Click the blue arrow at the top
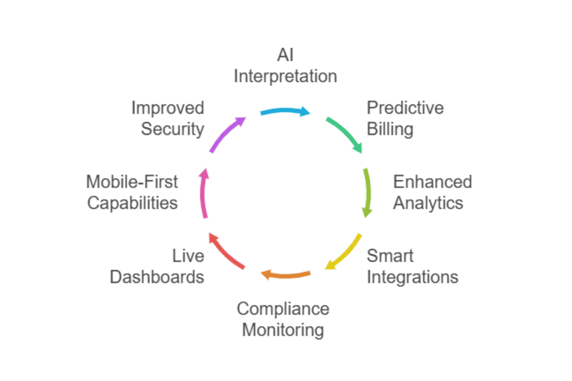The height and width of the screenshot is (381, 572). pyautogui.click(x=285, y=112)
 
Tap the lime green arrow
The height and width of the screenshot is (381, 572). pyautogui.click(x=367, y=192)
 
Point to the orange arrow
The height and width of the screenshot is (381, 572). pyautogui.click(x=285, y=275)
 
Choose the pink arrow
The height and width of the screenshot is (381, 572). pyautogui.click(x=203, y=193)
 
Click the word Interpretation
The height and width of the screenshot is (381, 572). pyautogui.click(x=285, y=77)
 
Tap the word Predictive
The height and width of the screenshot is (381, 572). pyautogui.click(x=405, y=108)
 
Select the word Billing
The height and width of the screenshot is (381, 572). pyautogui.click(x=390, y=129)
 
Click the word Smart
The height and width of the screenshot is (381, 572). pyautogui.click(x=390, y=256)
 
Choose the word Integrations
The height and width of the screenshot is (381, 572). pyautogui.click(x=412, y=278)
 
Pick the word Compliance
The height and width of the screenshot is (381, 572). pyautogui.click(x=283, y=309)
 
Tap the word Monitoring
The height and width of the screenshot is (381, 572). pyautogui.click(x=283, y=330)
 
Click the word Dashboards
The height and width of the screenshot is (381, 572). pyautogui.click(x=157, y=278)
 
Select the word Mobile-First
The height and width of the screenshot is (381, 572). pyautogui.click(x=132, y=182)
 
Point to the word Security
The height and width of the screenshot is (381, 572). pyautogui.click(x=172, y=129)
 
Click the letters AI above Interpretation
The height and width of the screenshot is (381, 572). pyautogui.click(x=285, y=55)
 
